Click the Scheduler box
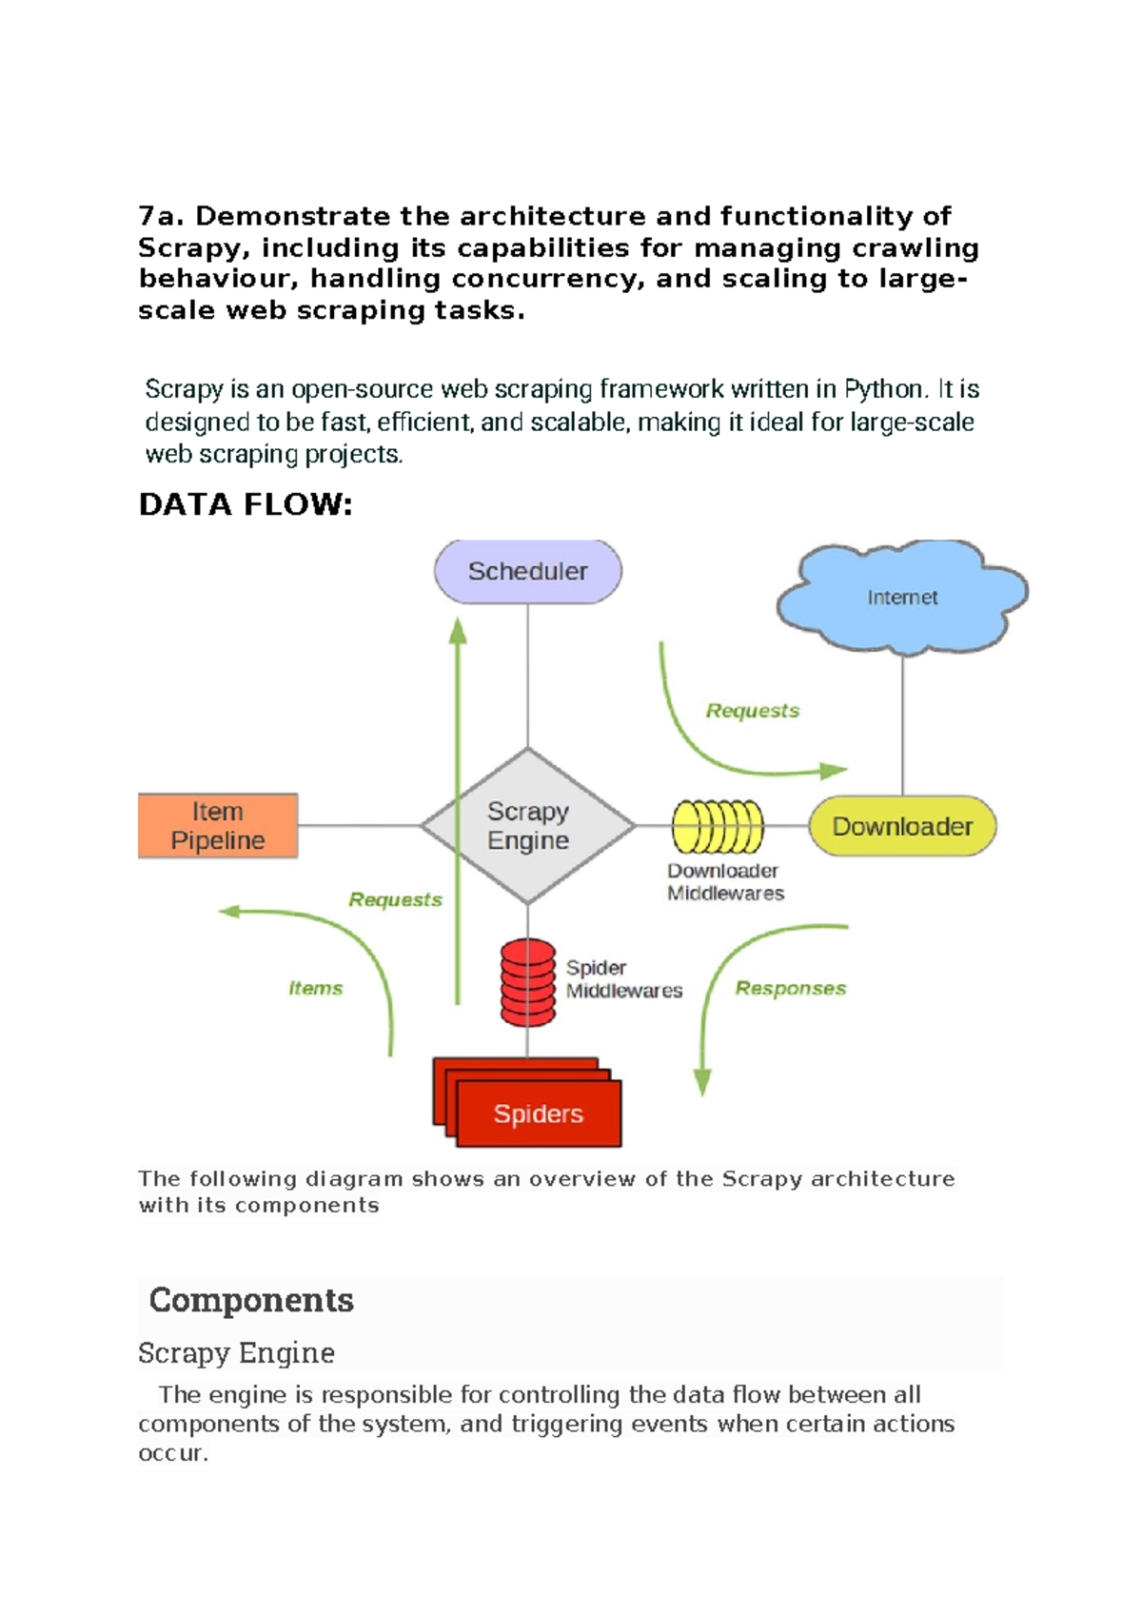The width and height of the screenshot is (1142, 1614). pyautogui.click(x=528, y=571)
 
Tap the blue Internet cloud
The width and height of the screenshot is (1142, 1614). pyautogui.click(x=901, y=597)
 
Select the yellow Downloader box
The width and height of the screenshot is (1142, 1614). pyautogui.click(x=902, y=826)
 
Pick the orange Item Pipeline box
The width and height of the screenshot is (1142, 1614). pyautogui.click(x=218, y=826)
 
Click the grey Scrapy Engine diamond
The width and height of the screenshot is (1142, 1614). pyautogui.click(x=528, y=825)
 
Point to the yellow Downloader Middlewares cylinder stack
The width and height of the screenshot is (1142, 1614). pyautogui.click(x=718, y=826)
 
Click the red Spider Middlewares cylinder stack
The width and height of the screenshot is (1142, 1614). pyautogui.click(x=528, y=982)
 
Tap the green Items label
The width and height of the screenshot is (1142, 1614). pyautogui.click(x=316, y=989)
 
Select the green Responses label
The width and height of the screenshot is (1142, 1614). pyautogui.click(x=790, y=989)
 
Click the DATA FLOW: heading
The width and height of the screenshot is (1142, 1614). pyautogui.click(x=246, y=504)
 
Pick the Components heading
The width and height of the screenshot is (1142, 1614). pyautogui.click(x=251, y=1300)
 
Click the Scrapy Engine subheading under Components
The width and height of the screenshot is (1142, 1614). pyautogui.click(x=236, y=1352)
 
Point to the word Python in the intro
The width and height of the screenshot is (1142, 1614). pyautogui.click(x=884, y=389)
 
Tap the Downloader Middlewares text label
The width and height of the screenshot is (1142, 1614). pyautogui.click(x=725, y=882)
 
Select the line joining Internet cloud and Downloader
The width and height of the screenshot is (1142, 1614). pyautogui.click(x=902, y=723)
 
